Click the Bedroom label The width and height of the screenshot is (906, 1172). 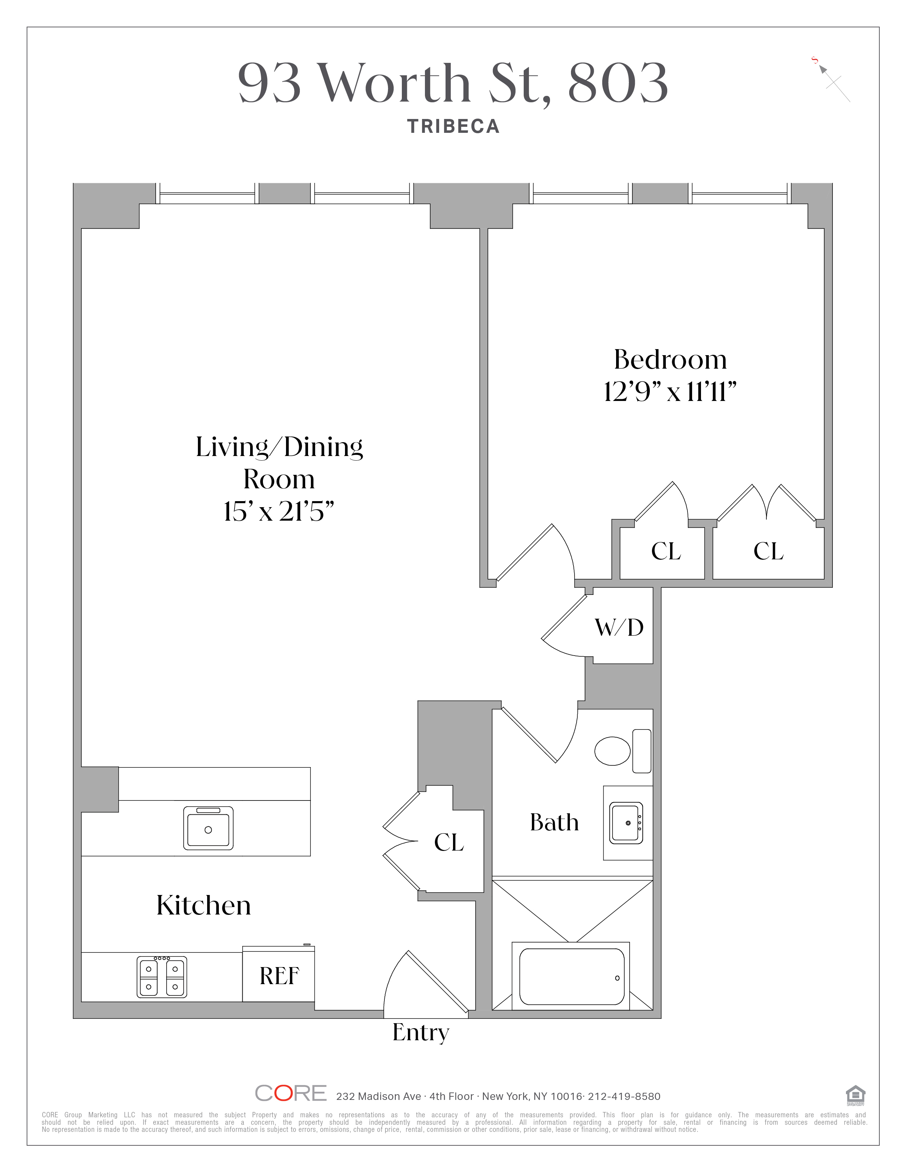[x=670, y=359]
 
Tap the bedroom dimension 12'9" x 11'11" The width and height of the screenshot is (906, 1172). [x=670, y=391]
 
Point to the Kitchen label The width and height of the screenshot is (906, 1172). [x=204, y=905]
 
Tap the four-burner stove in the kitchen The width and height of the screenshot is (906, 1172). [x=162, y=977]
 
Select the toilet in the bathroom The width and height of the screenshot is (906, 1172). [x=622, y=751]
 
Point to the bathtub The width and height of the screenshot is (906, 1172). [x=572, y=977]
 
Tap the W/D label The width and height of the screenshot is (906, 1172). [x=619, y=627]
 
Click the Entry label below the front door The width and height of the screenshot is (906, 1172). [x=421, y=1033]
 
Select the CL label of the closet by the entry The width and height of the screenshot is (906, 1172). [x=449, y=842]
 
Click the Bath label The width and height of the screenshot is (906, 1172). [x=555, y=822]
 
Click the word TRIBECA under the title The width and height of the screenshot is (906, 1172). [x=454, y=127]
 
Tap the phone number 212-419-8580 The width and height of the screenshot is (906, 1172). [x=624, y=1096]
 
